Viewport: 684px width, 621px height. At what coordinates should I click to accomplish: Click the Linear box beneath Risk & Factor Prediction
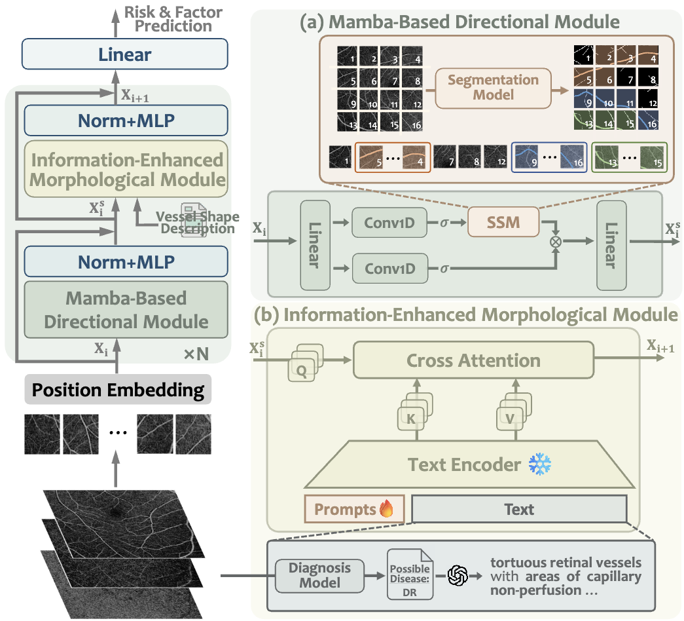tap(124, 54)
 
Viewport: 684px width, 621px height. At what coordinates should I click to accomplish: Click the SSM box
tap(503, 222)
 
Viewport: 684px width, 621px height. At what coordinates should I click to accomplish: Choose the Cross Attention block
tap(473, 360)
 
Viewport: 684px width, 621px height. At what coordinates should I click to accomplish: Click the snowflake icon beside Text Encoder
tap(540, 464)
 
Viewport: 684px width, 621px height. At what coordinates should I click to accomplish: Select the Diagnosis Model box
tap(321, 575)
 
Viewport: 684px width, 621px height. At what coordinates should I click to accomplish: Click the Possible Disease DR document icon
tap(410, 574)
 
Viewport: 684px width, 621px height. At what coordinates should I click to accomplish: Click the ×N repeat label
tap(196, 354)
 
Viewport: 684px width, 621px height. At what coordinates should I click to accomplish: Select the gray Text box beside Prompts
tap(519, 509)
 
